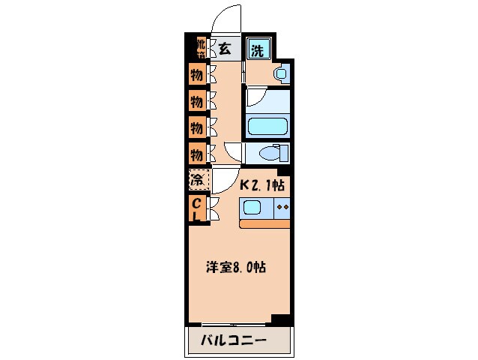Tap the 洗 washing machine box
257,51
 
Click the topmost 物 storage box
196,75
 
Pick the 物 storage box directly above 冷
196,154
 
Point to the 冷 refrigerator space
197,181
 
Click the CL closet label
196,209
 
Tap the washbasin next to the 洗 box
280,73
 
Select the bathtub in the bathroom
267,127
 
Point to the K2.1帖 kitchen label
261,184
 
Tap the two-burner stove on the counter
282,207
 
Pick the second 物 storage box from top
196,100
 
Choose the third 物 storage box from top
196,127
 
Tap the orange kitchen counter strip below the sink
265,223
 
